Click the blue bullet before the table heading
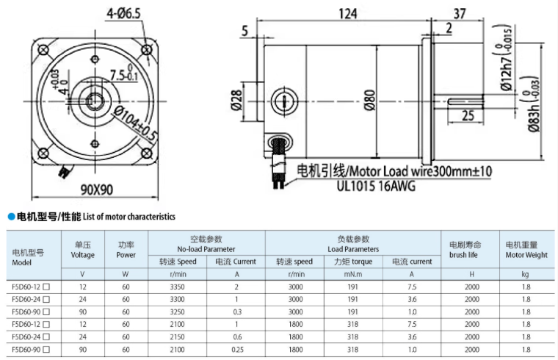10,217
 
